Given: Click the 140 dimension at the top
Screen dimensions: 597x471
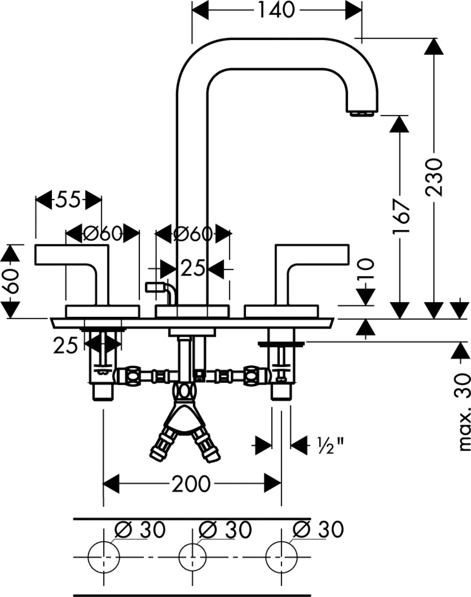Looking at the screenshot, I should pyautogui.click(x=276, y=10).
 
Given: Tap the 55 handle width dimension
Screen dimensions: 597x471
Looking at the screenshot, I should pyautogui.click(x=69, y=200).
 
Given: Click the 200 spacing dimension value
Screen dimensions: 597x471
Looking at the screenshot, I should pyautogui.click(x=191, y=484).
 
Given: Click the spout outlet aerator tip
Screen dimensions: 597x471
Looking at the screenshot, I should pyautogui.click(x=362, y=113).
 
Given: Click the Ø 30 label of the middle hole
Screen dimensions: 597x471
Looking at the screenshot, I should pyautogui.click(x=225, y=530).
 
